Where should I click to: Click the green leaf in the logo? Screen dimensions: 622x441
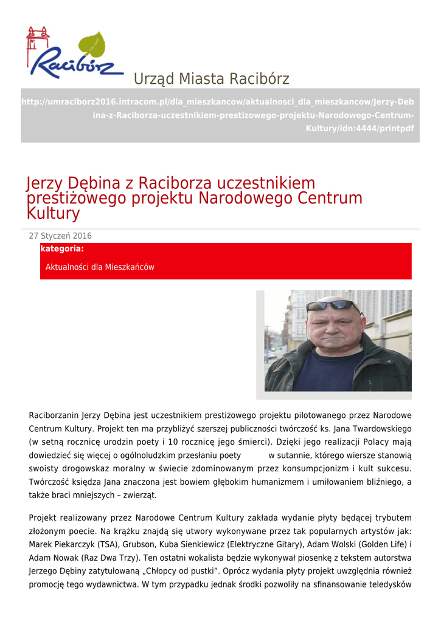click(92, 45)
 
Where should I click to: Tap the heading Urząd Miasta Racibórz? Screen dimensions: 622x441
click(211, 79)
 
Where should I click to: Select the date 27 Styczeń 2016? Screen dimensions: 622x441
click(60, 236)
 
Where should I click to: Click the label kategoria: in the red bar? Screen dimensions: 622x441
click(62, 249)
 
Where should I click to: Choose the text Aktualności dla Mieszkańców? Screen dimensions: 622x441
click(100, 267)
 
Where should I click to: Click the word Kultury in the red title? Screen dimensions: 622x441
click(54, 213)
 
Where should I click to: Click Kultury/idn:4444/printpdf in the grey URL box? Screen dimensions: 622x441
click(359, 129)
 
